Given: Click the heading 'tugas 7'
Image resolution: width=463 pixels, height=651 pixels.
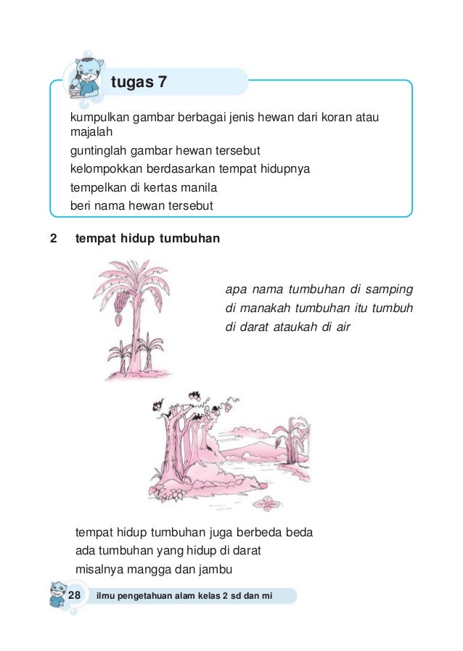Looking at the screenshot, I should pyautogui.click(x=139, y=83).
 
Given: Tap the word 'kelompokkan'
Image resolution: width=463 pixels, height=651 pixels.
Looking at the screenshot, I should pyautogui.click(x=103, y=170).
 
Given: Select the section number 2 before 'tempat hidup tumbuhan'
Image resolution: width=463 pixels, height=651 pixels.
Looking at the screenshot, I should pyautogui.click(x=53, y=238).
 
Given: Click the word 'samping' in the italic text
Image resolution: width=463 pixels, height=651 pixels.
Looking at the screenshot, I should pyautogui.click(x=390, y=290).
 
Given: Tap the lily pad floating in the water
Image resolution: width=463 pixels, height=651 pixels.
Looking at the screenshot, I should pyautogui.click(x=271, y=502).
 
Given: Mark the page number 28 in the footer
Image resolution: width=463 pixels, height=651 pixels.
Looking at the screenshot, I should pyautogui.click(x=74, y=595).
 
